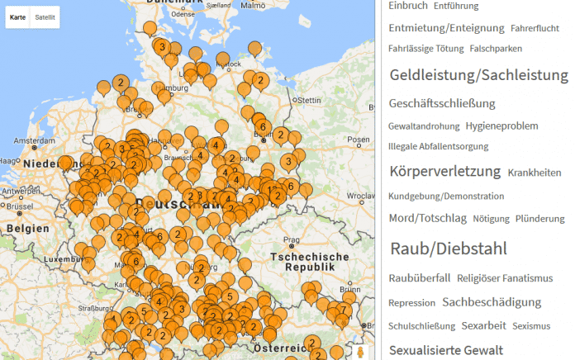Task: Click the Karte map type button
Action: tap(17, 17)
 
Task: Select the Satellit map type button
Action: tap(45, 17)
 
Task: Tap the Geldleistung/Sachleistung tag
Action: tap(478, 75)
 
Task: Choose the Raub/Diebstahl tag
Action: tap(448, 249)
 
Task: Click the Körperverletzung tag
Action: tap(444, 172)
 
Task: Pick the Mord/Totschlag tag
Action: tap(427, 219)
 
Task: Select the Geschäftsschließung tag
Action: tap(442, 103)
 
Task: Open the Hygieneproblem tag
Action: tap(501, 126)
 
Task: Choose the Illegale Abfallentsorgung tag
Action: tap(438, 146)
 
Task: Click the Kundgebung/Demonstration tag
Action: tap(446, 197)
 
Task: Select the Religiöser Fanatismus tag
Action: tap(505, 278)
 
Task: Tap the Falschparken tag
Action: tap(496, 49)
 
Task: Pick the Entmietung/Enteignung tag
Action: tap(446, 28)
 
